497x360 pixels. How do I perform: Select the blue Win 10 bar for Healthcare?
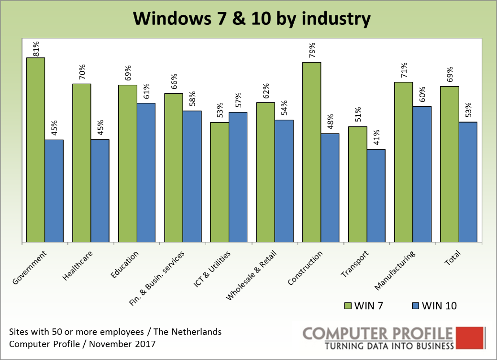point(100,191)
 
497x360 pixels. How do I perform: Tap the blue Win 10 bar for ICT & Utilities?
point(238,177)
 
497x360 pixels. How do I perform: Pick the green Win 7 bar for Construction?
point(311,152)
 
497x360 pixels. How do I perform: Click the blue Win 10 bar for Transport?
point(376,195)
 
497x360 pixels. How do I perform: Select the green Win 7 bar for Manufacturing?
point(404,162)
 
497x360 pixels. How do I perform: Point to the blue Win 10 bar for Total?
point(468,182)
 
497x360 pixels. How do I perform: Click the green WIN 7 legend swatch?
point(348,306)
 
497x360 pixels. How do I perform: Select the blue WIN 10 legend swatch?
point(414,306)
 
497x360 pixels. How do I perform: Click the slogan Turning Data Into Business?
point(388,346)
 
